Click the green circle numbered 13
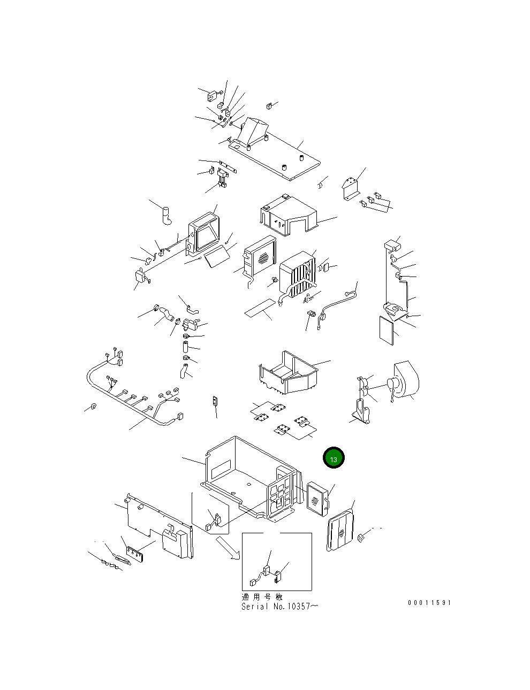[334, 457]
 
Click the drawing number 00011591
[429, 603]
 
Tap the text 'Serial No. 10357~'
[279, 606]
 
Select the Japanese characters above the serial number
[262, 597]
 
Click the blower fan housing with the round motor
[404, 380]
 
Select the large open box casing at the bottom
[251, 479]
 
